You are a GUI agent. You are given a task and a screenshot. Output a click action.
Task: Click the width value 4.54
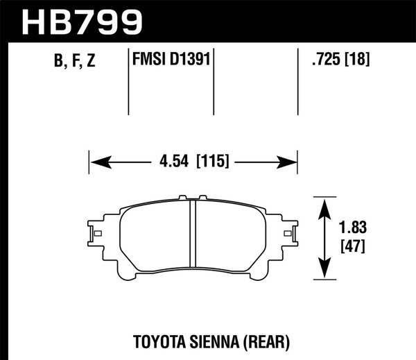[173, 163]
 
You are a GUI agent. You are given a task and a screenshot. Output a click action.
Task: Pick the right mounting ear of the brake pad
[290, 233]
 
